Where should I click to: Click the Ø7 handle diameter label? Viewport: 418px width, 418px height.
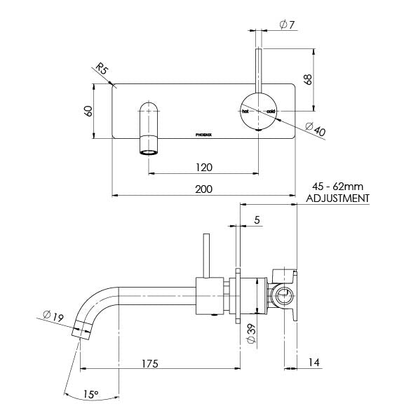tap(285, 25)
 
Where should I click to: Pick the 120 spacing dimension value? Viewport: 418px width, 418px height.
tap(204, 168)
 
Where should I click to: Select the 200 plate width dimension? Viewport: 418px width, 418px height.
tap(204, 189)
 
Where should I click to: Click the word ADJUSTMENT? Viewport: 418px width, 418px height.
tap(339, 198)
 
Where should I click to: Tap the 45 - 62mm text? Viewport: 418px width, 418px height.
tap(338, 187)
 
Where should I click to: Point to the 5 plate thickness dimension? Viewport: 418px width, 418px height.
tap(257, 220)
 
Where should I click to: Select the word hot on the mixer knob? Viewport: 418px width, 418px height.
tap(245, 112)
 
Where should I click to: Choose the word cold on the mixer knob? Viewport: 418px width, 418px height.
tap(271, 112)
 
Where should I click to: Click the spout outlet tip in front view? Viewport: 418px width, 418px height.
tap(149, 151)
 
